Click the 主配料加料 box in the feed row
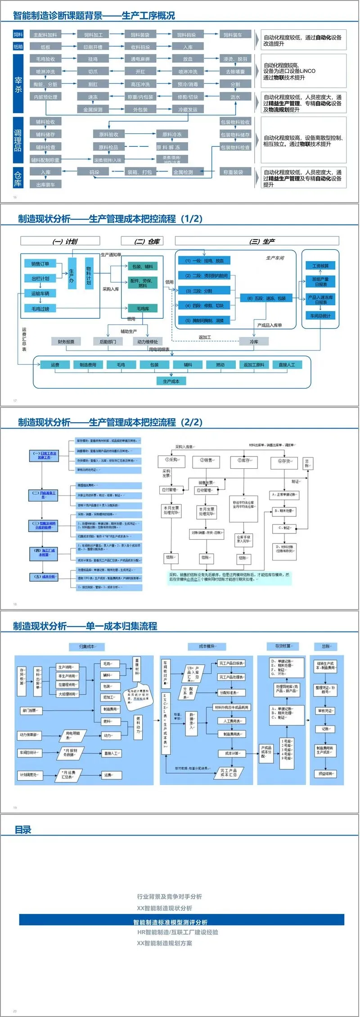click(45, 35)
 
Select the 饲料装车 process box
click(233, 35)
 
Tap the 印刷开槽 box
click(93, 47)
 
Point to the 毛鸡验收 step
click(45, 59)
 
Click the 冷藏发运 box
click(188, 109)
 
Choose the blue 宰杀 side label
click(18, 83)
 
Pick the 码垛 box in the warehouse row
click(94, 172)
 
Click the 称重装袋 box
click(233, 172)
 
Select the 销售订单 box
click(40, 264)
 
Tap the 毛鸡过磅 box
click(40, 309)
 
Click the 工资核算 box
click(320, 266)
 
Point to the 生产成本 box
click(171, 381)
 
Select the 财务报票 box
click(66, 342)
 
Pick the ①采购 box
click(172, 460)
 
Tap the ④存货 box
click(284, 461)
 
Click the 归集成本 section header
click(87, 646)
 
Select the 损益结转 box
click(325, 774)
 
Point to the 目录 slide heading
click(23, 829)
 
